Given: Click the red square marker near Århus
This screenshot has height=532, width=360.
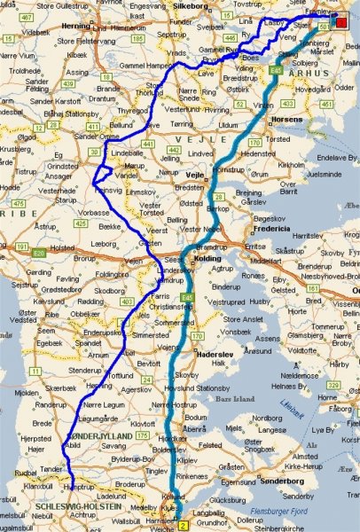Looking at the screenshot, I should pos(341,23).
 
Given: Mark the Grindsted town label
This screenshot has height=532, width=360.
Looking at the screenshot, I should pos(63,166).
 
